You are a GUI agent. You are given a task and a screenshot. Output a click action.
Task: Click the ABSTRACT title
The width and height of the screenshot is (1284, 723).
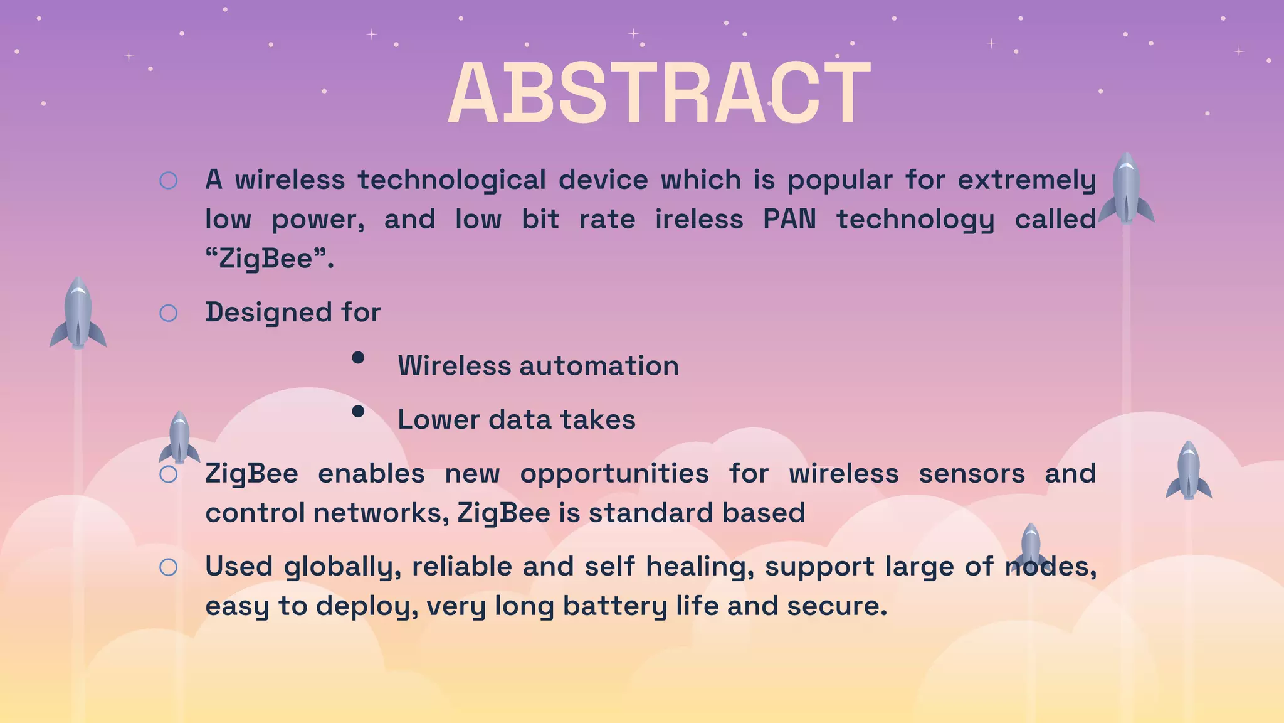[658, 94]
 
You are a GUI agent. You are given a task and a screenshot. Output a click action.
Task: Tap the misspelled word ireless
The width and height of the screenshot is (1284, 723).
[699, 220]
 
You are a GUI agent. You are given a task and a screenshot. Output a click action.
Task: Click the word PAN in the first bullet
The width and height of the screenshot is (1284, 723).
[789, 220]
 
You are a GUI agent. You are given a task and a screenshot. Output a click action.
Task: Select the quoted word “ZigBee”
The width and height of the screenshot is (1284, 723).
[270, 259]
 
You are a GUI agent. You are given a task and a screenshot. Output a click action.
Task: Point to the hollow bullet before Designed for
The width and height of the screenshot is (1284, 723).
[169, 313]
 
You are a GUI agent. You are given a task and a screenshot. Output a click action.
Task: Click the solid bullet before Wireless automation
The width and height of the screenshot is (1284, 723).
[358, 358]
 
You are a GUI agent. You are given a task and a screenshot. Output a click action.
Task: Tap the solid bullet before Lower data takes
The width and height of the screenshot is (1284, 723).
[358, 412]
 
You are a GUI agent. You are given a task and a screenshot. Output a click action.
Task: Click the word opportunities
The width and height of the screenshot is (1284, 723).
[614, 474]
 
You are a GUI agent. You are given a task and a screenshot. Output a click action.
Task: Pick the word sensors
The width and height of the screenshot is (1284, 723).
[971, 474]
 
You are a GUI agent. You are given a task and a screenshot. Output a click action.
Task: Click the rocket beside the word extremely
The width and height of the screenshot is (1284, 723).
[1126, 188]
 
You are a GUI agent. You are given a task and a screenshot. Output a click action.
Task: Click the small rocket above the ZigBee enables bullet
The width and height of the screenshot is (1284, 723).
[179, 438]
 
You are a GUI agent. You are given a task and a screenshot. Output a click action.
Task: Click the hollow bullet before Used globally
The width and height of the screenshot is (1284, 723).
[169, 567]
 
